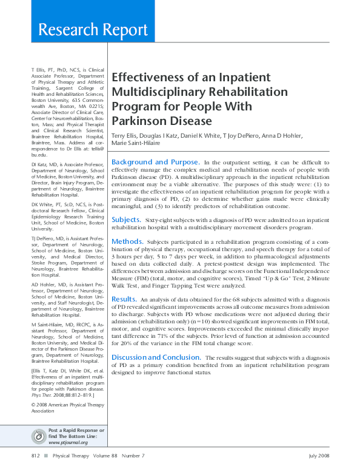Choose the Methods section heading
[127, 241]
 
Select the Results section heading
[124, 299]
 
